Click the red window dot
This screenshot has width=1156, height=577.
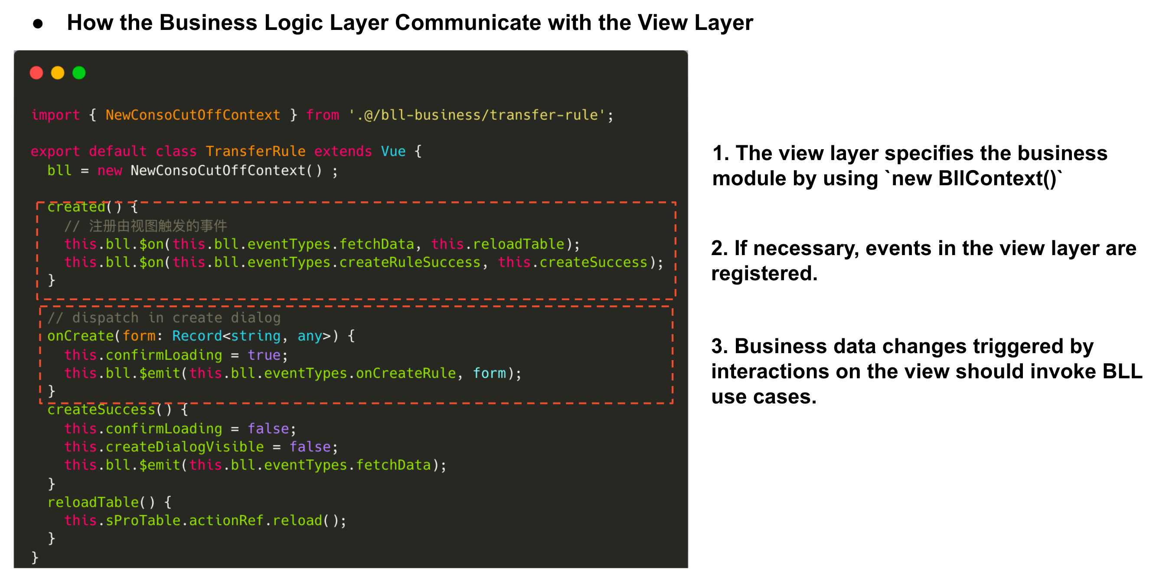[x=36, y=73]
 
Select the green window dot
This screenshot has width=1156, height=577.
[x=79, y=73]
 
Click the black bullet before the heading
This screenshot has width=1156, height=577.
[x=38, y=24]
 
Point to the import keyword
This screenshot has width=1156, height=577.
[x=56, y=115]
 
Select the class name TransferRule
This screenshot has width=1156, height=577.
[x=256, y=151]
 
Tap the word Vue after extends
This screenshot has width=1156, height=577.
[x=394, y=151]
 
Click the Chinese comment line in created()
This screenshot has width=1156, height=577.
[x=146, y=226]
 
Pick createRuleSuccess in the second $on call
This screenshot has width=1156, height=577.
[x=410, y=262]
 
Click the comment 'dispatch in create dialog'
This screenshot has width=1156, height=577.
[x=164, y=318]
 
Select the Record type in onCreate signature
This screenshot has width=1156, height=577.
[x=197, y=336]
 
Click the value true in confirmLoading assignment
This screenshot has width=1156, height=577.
[x=265, y=355]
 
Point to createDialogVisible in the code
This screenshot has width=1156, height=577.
[x=185, y=447]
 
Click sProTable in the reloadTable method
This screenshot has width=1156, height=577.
[x=143, y=521]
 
